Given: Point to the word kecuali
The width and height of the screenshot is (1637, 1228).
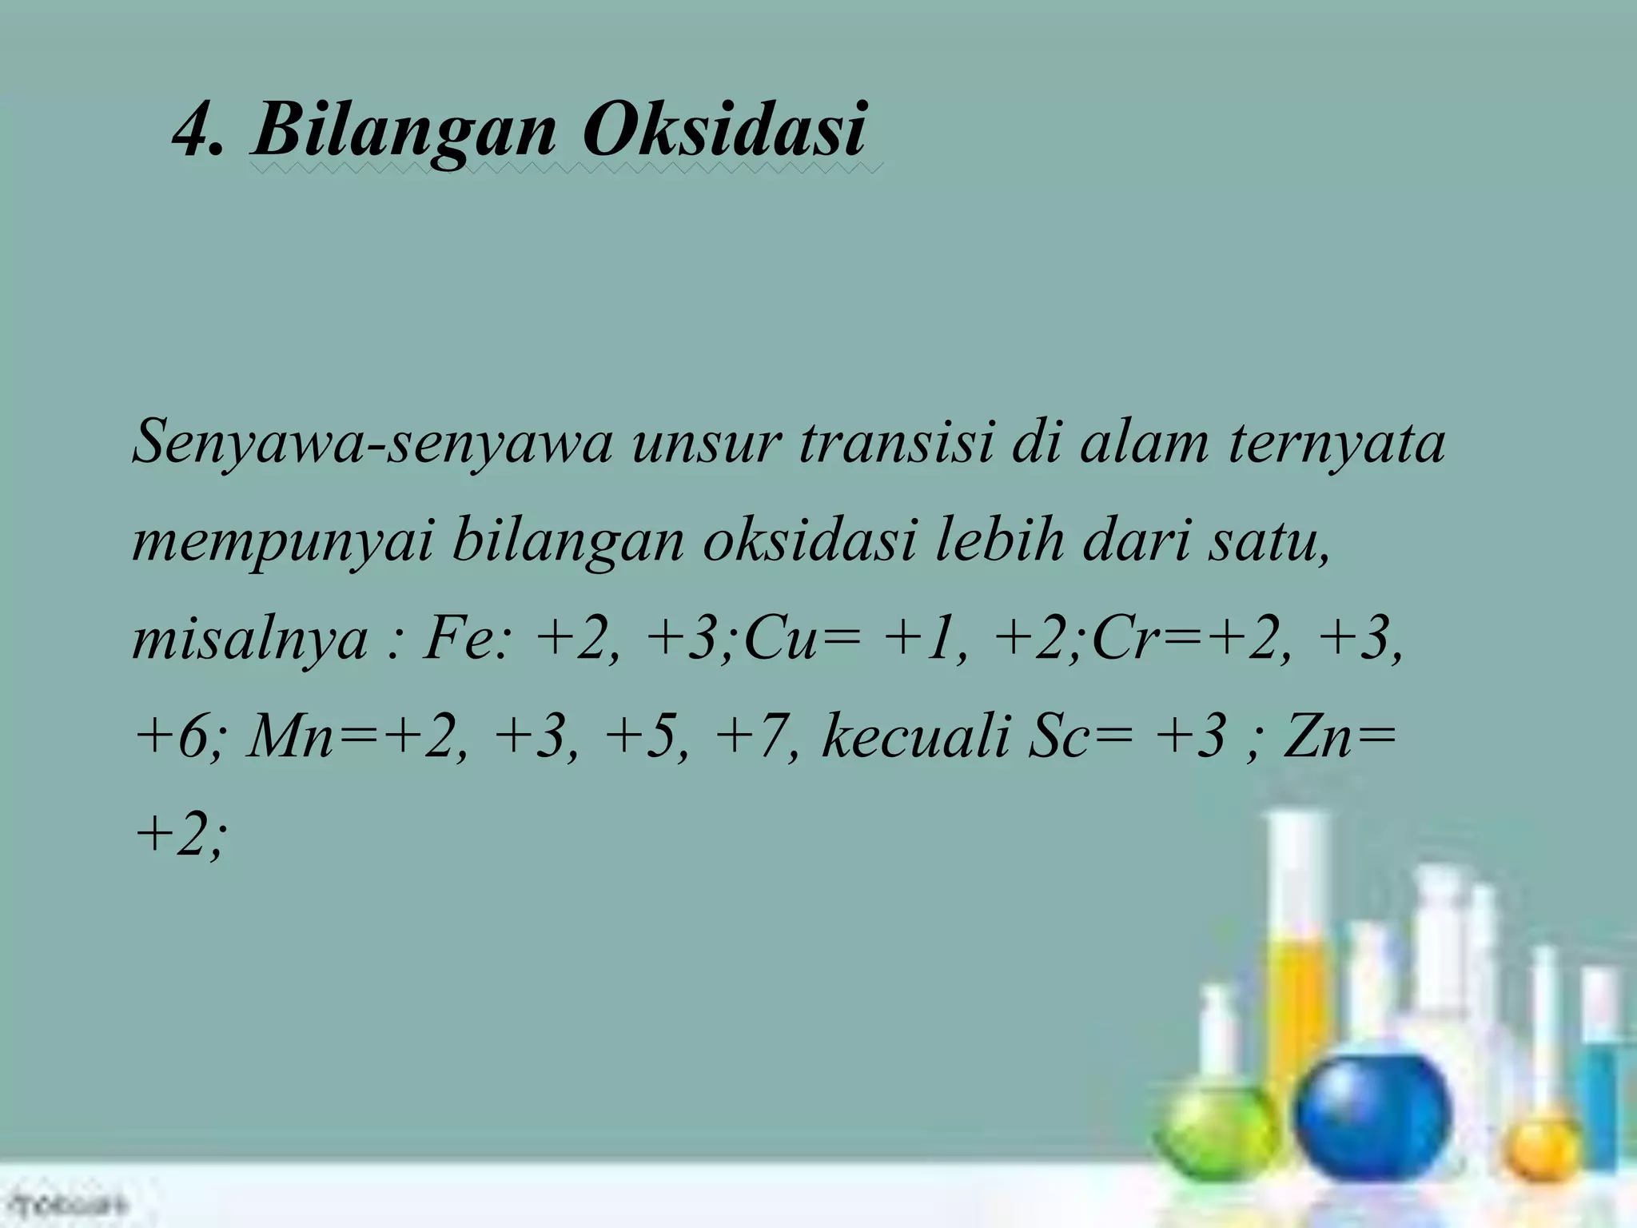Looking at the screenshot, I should (x=915, y=736).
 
